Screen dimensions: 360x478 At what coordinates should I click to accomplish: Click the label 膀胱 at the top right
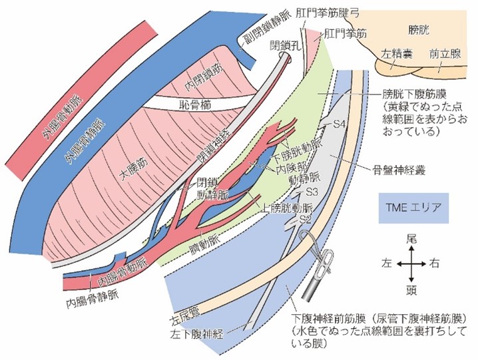(x=420, y=30)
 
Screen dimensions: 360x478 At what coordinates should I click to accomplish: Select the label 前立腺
(x=444, y=54)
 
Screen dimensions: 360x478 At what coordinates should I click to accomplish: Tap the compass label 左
(x=385, y=264)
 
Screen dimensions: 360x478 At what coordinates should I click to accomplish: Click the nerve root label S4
(x=340, y=124)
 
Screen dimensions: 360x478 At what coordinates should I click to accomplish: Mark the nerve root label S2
(x=305, y=218)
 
